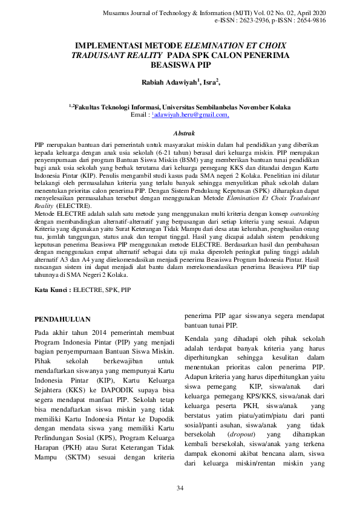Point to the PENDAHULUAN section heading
coord(62,319)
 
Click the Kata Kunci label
coord(51,290)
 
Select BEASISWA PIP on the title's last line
coord(180,63)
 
